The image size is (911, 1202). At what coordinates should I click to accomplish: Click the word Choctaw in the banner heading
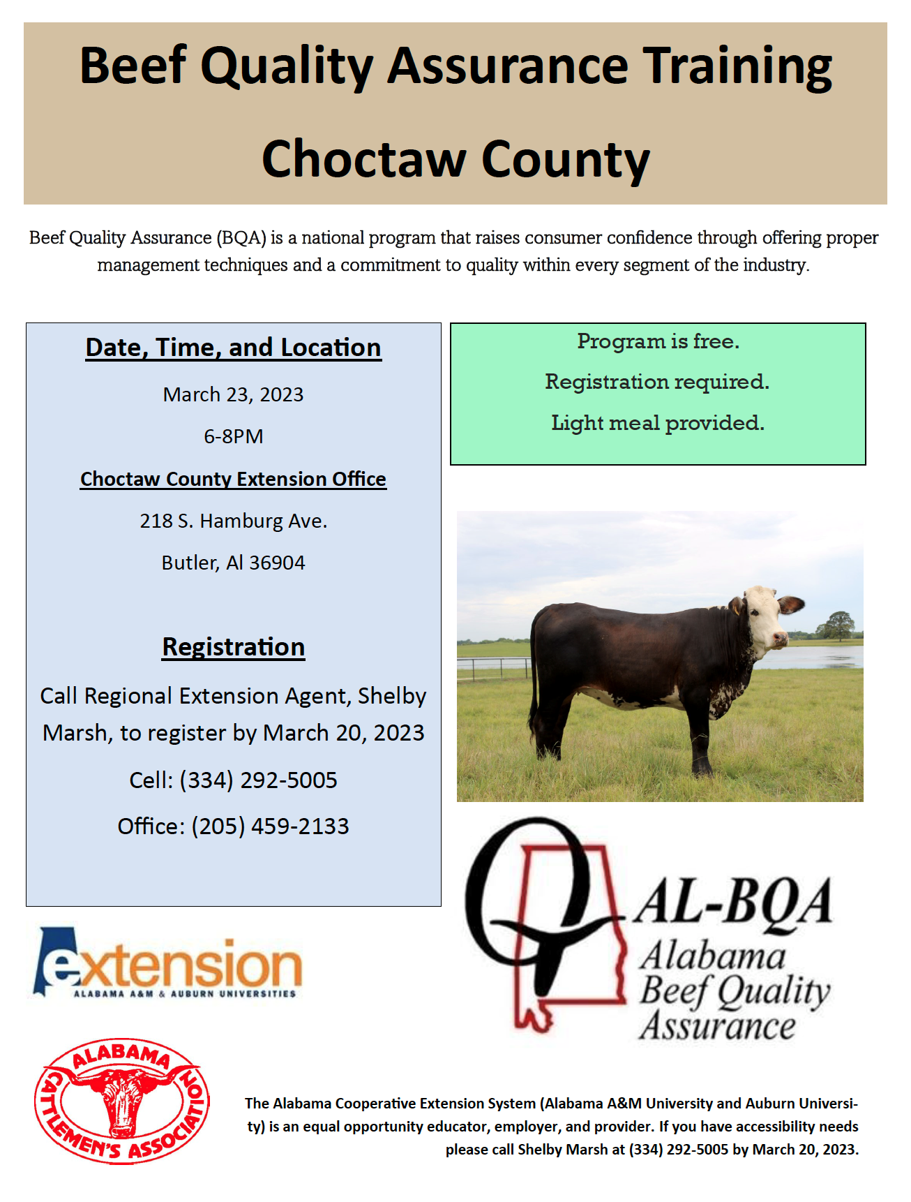pyautogui.click(x=363, y=159)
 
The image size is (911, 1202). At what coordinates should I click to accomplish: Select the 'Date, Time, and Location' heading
pyautogui.click(x=233, y=348)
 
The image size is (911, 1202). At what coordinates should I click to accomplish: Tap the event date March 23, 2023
pyautogui.click(x=233, y=395)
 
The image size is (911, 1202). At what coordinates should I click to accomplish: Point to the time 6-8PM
pyautogui.click(x=233, y=437)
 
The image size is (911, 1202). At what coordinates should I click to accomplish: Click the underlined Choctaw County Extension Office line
pyautogui.click(x=233, y=480)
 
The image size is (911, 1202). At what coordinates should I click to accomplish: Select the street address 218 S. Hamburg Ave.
pyautogui.click(x=233, y=521)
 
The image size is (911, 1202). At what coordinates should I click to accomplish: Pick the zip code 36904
pyautogui.click(x=277, y=563)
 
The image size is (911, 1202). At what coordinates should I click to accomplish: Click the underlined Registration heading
pyautogui.click(x=233, y=647)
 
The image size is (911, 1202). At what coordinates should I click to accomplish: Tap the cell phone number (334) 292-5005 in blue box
pyautogui.click(x=258, y=780)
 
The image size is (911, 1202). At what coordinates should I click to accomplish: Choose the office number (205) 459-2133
pyautogui.click(x=270, y=826)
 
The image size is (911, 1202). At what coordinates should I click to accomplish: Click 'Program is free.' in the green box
pyautogui.click(x=658, y=341)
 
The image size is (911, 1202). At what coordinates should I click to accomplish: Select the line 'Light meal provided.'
pyautogui.click(x=658, y=423)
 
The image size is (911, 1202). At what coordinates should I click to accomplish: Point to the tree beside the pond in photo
pyautogui.click(x=836, y=624)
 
